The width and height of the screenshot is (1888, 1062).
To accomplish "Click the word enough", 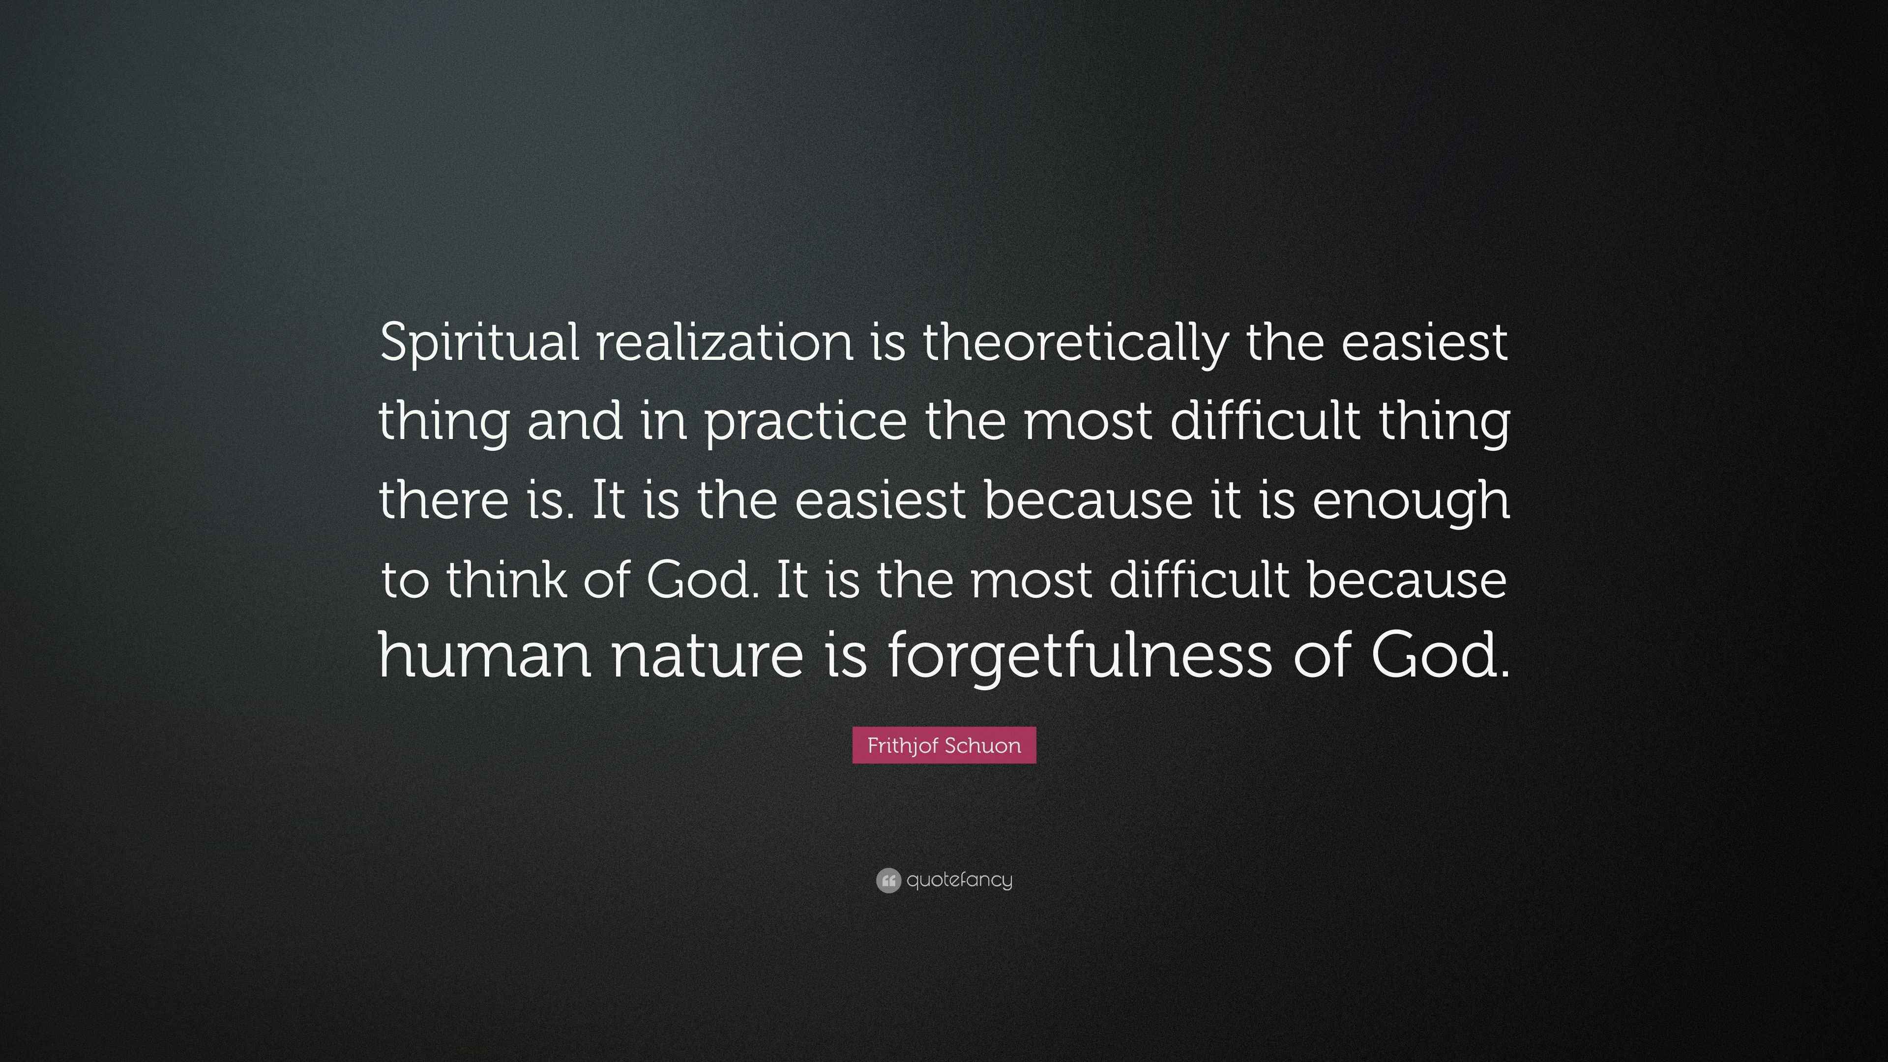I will click(x=1411, y=501).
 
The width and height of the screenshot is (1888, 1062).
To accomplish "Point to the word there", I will click(x=443, y=501).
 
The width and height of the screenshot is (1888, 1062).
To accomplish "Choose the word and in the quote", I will click(x=575, y=422).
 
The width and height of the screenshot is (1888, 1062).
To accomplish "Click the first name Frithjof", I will click(x=904, y=746).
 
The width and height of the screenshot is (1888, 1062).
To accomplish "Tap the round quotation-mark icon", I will click(x=887, y=880).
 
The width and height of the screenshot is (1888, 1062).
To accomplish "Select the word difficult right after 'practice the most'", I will click(x=1264, y=422).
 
